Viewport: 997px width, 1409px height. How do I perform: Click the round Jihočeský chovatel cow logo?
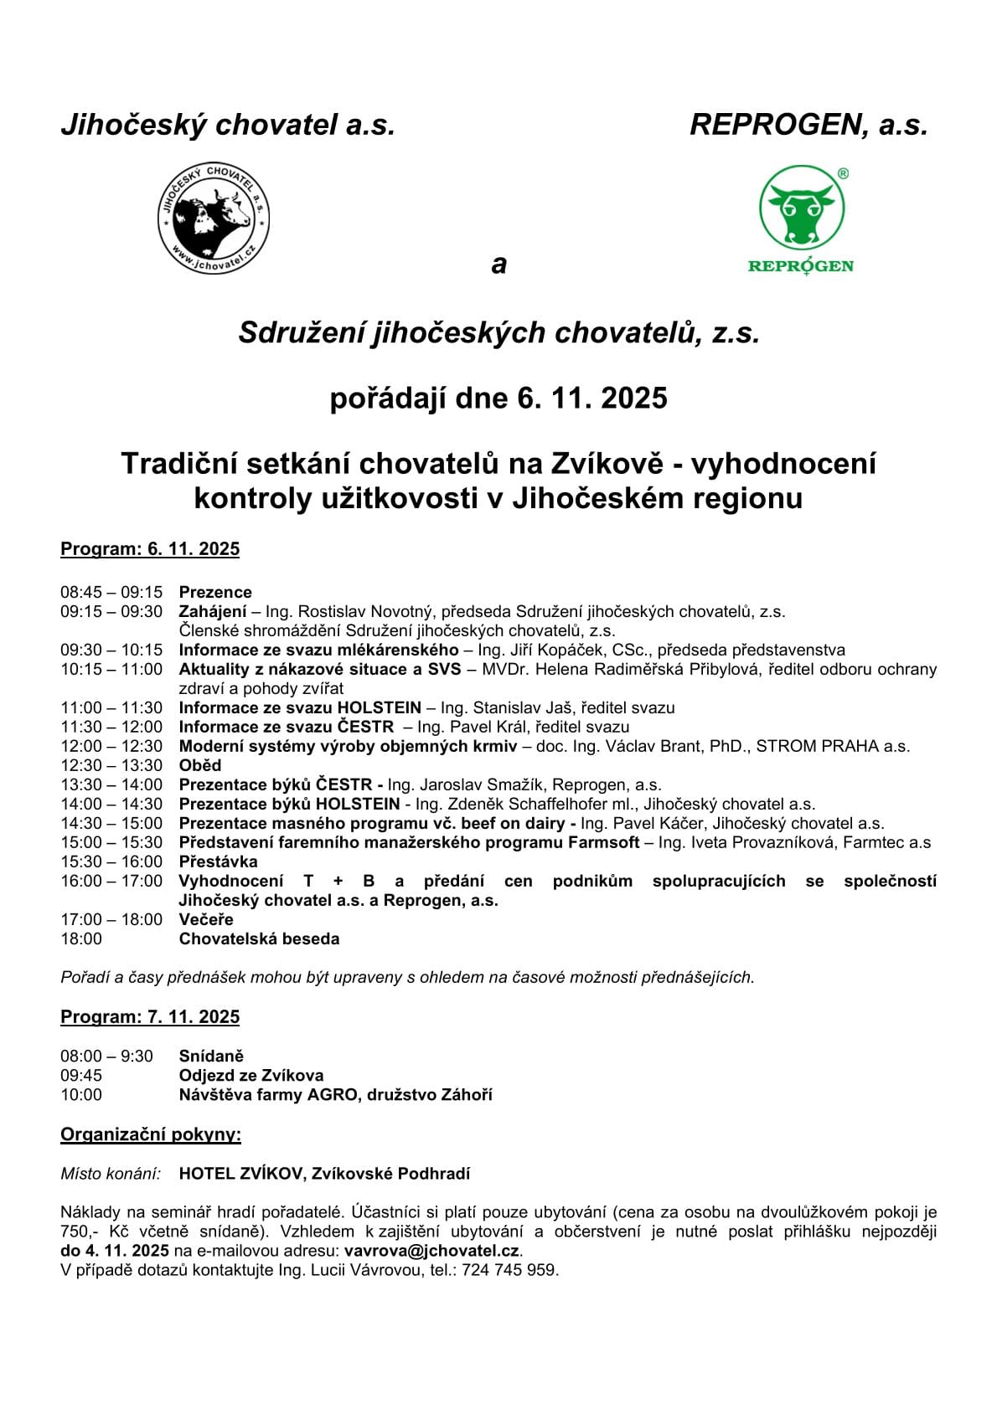214,218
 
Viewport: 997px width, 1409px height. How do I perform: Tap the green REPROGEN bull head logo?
801,208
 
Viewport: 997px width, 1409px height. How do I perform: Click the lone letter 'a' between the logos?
499,265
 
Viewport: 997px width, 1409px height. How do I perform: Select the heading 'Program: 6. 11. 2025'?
150,549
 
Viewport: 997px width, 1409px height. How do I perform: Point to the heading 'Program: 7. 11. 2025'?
150,1017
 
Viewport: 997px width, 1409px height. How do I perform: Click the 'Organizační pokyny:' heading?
151,1135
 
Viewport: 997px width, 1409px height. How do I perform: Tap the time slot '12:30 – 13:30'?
111,765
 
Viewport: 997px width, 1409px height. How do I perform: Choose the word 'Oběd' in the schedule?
200,765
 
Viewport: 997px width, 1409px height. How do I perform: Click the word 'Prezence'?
215,592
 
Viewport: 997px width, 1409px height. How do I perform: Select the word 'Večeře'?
206,919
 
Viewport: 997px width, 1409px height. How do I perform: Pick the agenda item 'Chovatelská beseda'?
260,938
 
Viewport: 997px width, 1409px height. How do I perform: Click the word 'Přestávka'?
219,861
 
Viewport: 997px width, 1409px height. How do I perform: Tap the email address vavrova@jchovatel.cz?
432,1251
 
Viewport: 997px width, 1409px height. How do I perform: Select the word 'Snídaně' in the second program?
211,1056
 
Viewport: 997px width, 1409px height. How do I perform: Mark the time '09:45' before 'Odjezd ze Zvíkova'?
81,1075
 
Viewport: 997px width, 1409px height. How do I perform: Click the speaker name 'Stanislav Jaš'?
519,707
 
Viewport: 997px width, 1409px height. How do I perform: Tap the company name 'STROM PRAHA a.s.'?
833,746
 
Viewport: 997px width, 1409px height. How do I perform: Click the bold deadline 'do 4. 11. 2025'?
115,1251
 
